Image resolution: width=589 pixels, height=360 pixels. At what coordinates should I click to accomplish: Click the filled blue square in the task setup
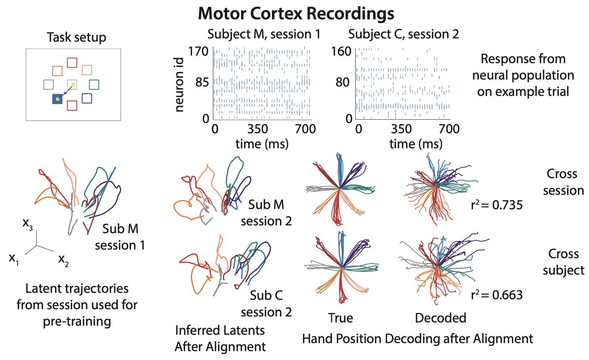[58, 100]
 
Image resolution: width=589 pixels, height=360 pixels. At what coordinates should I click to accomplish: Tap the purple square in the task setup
[86, 98]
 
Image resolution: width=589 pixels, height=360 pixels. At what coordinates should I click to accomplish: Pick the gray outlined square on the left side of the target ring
[49, 85]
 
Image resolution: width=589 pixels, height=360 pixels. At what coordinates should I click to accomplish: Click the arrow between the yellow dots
[66, 92]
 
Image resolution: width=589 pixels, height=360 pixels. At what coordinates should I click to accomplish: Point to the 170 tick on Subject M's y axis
[199, 51]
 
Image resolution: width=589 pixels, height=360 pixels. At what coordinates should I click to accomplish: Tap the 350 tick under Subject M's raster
[259, 129]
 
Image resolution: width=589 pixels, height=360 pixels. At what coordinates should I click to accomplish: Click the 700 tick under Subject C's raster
[448, 129]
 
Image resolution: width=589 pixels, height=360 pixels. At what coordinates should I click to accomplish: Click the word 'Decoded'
[440, 318]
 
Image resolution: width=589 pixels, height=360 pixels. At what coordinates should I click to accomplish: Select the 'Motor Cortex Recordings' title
[295, 14]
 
